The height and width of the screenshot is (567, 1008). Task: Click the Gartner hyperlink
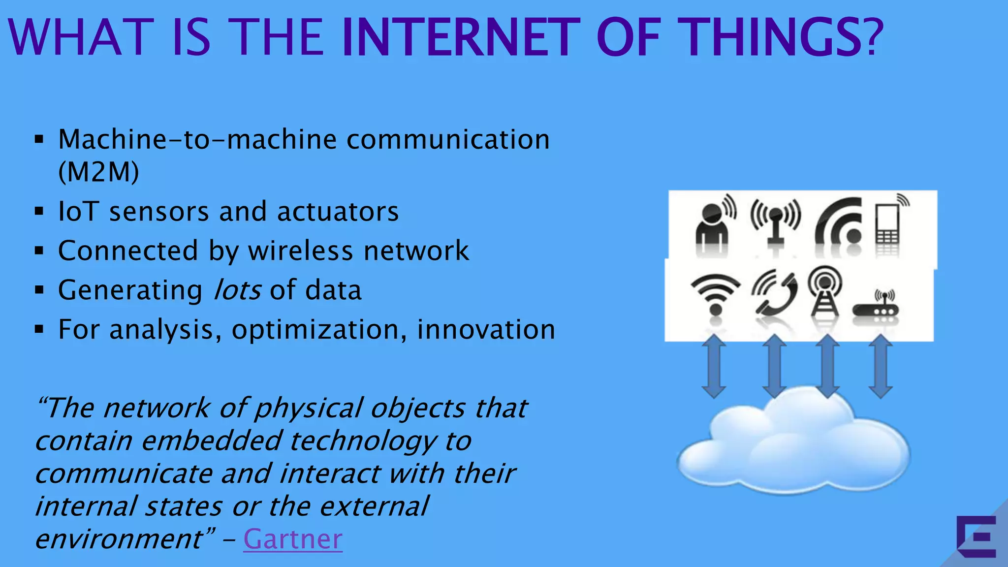292,539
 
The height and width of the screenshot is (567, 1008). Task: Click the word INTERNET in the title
460,37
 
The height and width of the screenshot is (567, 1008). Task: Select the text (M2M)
98,172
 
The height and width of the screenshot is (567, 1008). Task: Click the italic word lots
237,290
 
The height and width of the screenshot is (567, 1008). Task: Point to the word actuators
338,212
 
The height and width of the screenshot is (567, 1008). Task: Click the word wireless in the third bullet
300,251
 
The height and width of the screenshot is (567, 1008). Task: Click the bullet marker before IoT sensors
39,212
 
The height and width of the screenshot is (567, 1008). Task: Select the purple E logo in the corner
976,536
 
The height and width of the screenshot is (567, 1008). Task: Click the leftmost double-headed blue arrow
714,367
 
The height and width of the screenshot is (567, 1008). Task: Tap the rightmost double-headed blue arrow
880,367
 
